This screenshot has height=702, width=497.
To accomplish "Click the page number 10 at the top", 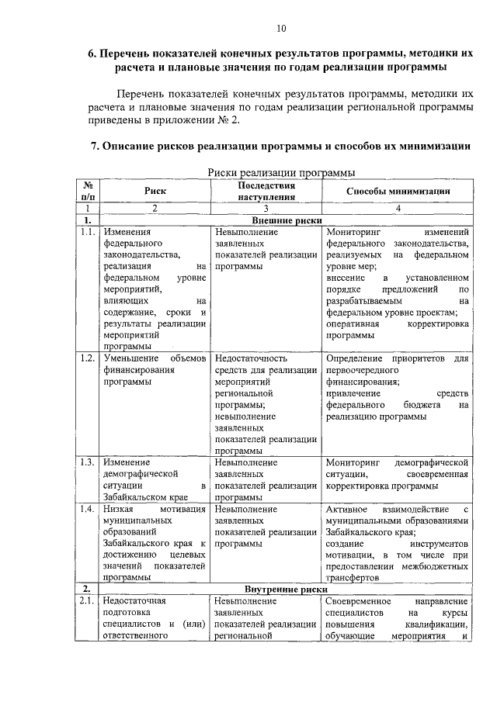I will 280,29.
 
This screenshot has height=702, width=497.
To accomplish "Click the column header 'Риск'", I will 155,191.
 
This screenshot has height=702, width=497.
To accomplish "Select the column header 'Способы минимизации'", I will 398,191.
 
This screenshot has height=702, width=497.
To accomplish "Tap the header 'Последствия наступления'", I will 266,191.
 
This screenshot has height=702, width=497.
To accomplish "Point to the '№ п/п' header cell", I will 88,191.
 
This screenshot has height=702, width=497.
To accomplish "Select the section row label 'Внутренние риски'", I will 286,590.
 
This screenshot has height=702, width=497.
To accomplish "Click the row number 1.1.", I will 88,232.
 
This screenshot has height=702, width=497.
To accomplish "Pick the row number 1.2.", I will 88,358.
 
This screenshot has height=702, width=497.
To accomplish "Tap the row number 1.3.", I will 88,462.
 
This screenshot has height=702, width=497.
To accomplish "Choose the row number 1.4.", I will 88,509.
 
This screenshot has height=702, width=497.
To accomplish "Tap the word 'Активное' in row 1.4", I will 347,509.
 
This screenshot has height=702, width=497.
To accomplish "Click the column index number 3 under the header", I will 265,208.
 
